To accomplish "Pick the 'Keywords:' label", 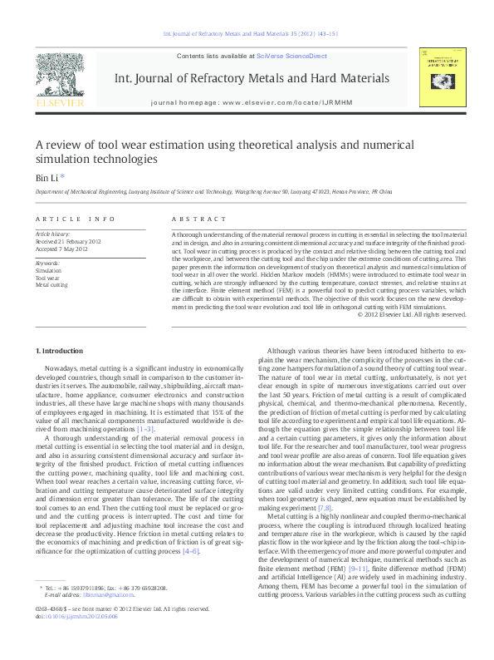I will point(48,263).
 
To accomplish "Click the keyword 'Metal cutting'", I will point(51,284).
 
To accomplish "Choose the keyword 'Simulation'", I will point(48,271).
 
